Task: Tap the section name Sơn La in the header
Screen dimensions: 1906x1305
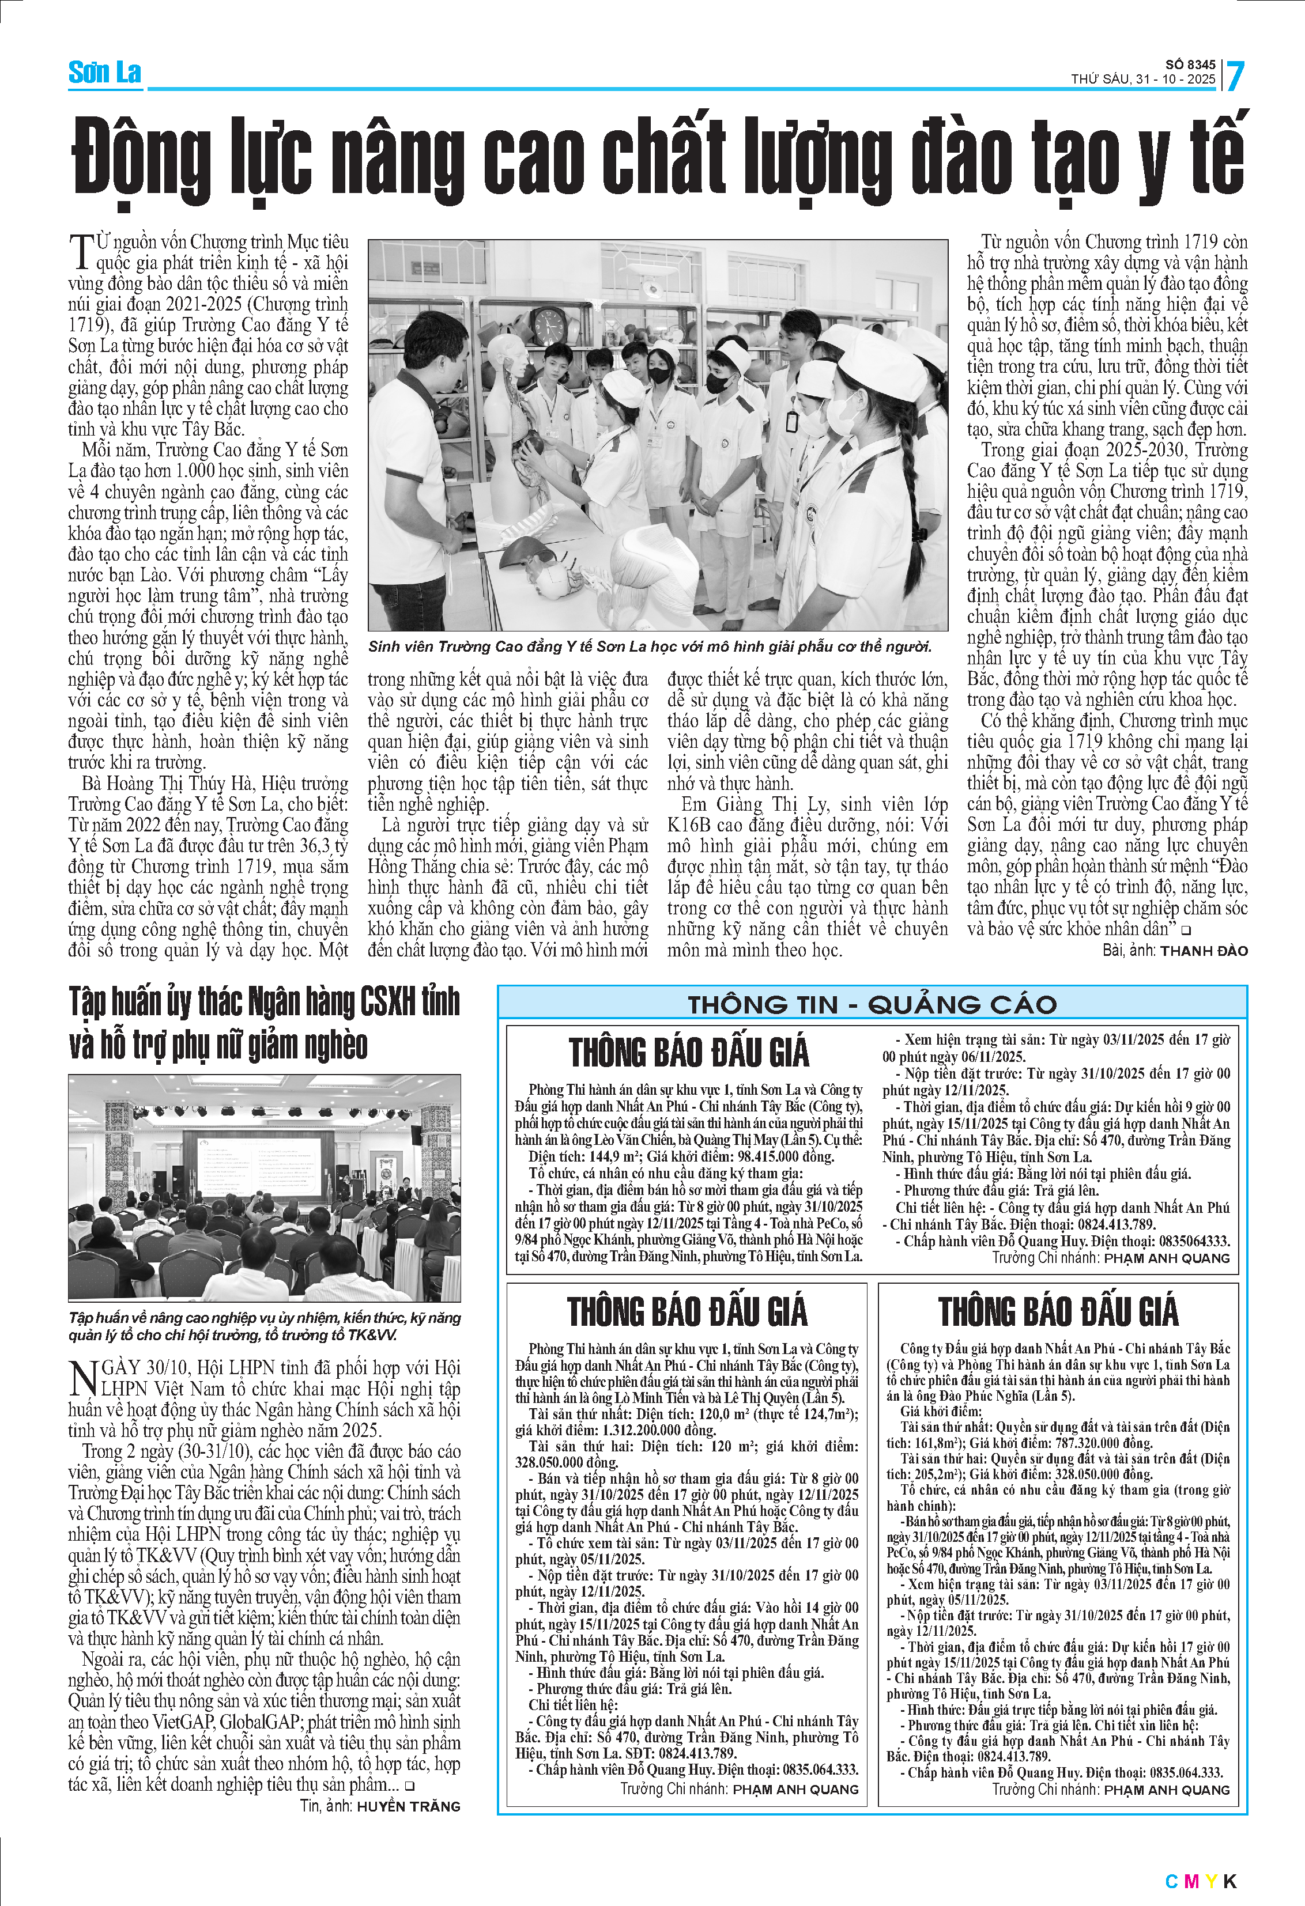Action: (104, 73)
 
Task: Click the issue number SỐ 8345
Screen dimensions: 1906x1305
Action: (1190, 65)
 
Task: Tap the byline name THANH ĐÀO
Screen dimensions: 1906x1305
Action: (1204, 951)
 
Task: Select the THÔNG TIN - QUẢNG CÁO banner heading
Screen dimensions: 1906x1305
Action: (872, 1005)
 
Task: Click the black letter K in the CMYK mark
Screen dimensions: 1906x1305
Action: (1229, 1881)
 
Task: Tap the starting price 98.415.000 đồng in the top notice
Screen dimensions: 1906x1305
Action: (785, 1157)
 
